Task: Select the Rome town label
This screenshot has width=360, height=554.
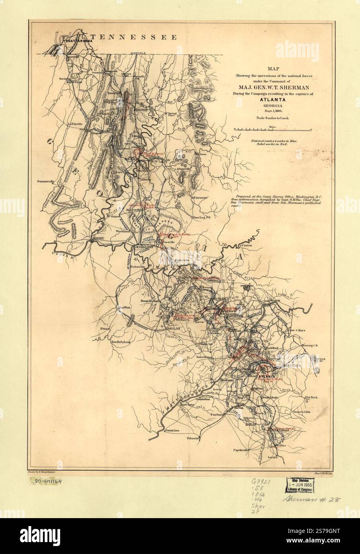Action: pyautogui.click(x=98, y=238)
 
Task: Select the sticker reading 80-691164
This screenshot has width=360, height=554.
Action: pyautogui.click(x=45, y=481)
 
